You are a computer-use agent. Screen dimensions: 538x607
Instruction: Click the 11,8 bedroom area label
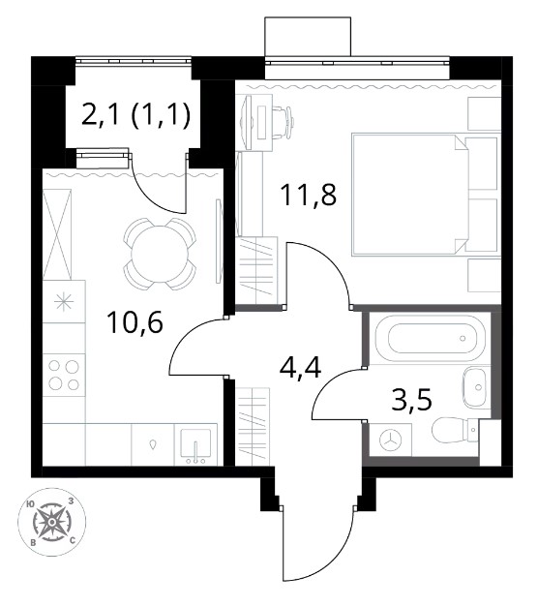point(309,196)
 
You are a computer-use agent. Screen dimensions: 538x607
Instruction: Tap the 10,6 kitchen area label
point(135,322)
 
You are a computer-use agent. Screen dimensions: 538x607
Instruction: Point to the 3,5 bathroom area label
point(411,400)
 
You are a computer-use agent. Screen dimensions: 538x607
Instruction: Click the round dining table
point(160,254)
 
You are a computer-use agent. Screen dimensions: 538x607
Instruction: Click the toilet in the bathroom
point(455,430)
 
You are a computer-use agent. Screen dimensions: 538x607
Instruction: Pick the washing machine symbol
point(391,440)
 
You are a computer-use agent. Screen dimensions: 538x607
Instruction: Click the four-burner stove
point(64,375)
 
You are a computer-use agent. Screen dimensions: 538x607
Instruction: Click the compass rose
point(51,522)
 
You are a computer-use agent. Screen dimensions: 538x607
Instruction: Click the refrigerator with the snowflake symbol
point(64,302)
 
